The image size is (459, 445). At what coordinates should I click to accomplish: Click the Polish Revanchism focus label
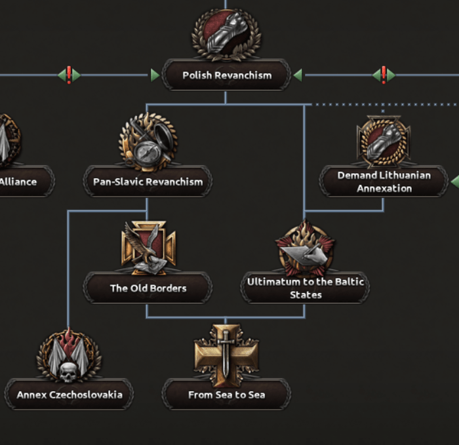click(x=226, y=75)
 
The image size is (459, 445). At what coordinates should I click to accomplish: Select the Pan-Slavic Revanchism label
click(x=148, y=182)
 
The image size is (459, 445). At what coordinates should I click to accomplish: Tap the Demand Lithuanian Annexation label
click(x=384, y=182)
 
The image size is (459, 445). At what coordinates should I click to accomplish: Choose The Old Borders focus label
click(x=148, y=288)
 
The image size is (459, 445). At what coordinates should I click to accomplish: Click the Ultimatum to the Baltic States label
click(x=305, y=288)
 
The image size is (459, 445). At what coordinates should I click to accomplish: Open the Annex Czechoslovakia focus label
click(x=69, y=395)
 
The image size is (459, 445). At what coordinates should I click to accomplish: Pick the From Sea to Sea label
click(x=226, y=395)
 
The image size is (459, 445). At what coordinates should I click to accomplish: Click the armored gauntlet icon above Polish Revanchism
click(x=226, y=33)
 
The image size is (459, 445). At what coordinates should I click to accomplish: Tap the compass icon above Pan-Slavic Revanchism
click(x=148, y=141)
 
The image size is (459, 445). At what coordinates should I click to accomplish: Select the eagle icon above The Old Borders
click(x=148, y=247)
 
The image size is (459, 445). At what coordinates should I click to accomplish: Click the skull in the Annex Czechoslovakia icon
click(x=68, y=372)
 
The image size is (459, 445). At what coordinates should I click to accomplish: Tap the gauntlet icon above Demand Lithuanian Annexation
click(x=384, y=141)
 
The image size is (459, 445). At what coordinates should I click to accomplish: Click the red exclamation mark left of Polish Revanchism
click(x=69, y=75)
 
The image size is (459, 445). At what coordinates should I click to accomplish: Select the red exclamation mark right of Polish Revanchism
click(x=384, y=75)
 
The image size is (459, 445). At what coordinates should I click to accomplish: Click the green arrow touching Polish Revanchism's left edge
click(x=155, y=75)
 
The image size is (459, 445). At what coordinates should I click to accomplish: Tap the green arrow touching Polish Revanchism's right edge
click(x=298, y=75)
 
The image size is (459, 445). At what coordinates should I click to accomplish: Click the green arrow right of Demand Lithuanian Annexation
click(x=454, y=182)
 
